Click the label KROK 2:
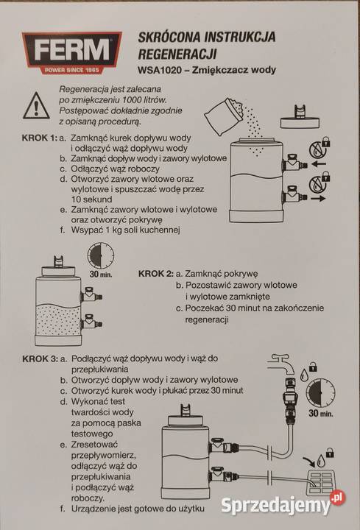tap(155, 272)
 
